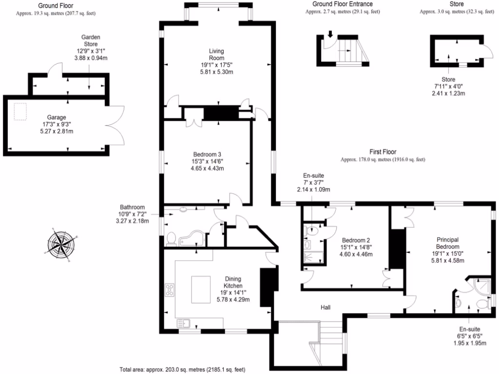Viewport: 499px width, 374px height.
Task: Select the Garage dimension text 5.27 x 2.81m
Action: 57,131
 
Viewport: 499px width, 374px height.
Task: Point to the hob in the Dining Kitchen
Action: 171,290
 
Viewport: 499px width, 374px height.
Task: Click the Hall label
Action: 326,307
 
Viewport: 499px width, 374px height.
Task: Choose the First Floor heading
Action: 382,152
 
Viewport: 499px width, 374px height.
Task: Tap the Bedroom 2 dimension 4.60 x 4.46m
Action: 355,254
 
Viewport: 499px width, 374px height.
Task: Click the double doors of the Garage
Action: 115,124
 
